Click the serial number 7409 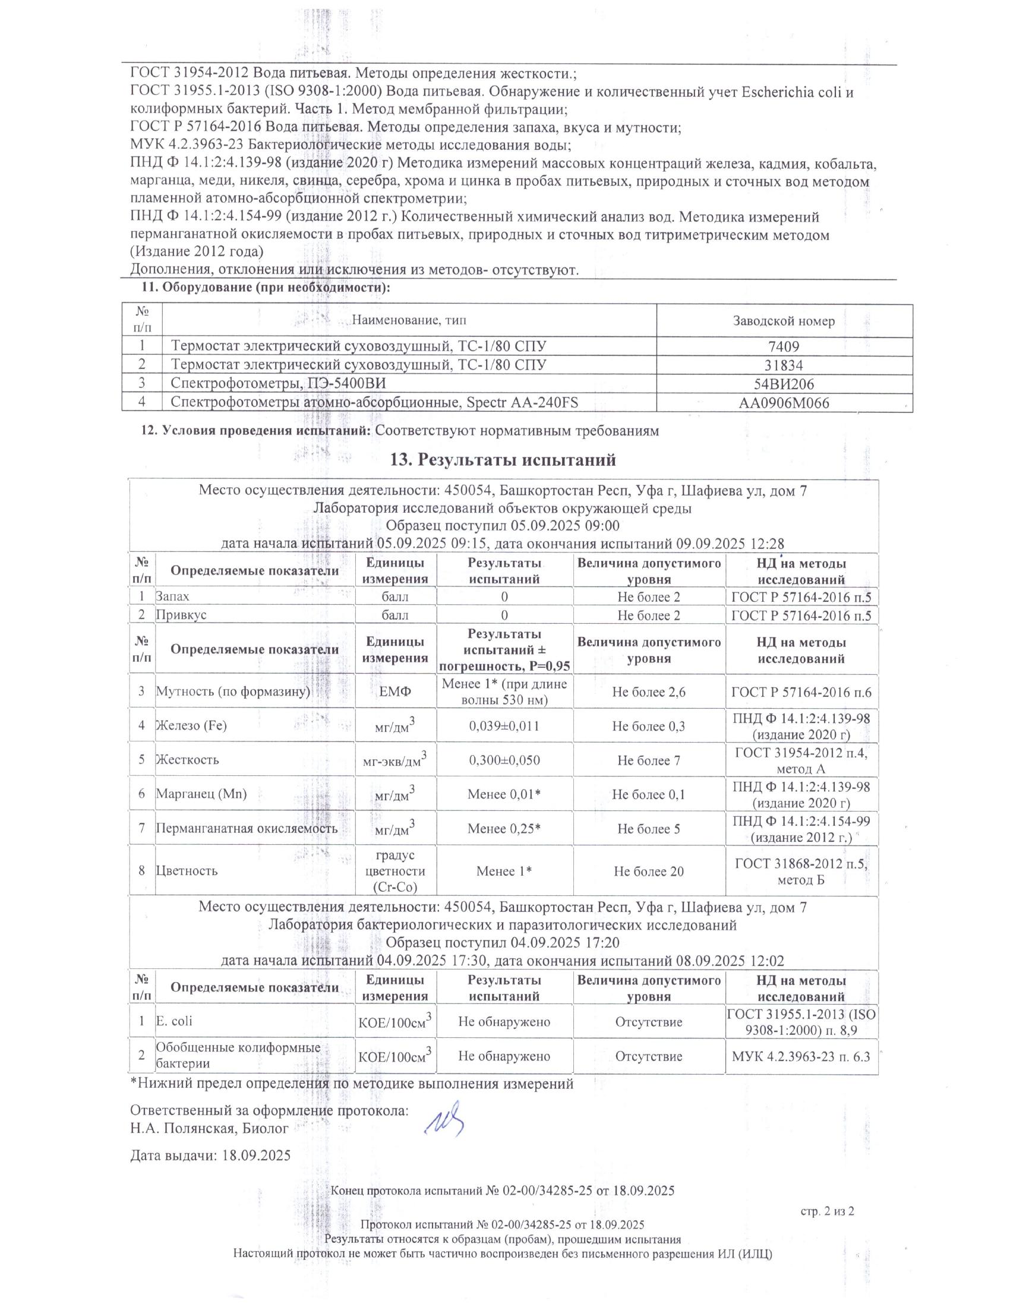point(784,346)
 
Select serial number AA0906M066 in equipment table point(784,403)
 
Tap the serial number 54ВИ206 point(784,384)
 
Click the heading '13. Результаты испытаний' point(503,460)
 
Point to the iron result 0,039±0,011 point(504,726)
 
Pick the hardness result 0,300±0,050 point(504,760)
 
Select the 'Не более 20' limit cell point(649,871)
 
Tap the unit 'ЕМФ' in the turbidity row point(396,692)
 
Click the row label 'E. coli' point(174,1021)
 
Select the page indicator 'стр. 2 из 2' point(827,1211)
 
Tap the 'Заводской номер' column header point(784,321)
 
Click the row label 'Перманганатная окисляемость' point(247,828)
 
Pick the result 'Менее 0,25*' point(504,828)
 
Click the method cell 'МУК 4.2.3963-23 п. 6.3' point(801,1056)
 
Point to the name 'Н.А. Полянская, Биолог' point(209,1129)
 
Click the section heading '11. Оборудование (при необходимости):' point(266,288)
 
